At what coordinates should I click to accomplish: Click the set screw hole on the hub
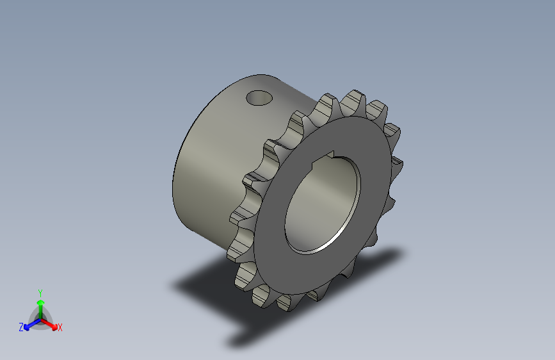(x=259, y=98)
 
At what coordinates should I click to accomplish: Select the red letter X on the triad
(x=60, y=327)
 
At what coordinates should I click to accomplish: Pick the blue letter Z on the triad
(x=21, y=327)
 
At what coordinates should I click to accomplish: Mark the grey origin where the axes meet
(x=40, y=318)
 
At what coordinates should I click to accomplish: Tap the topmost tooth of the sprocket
(x=353, y=99)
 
